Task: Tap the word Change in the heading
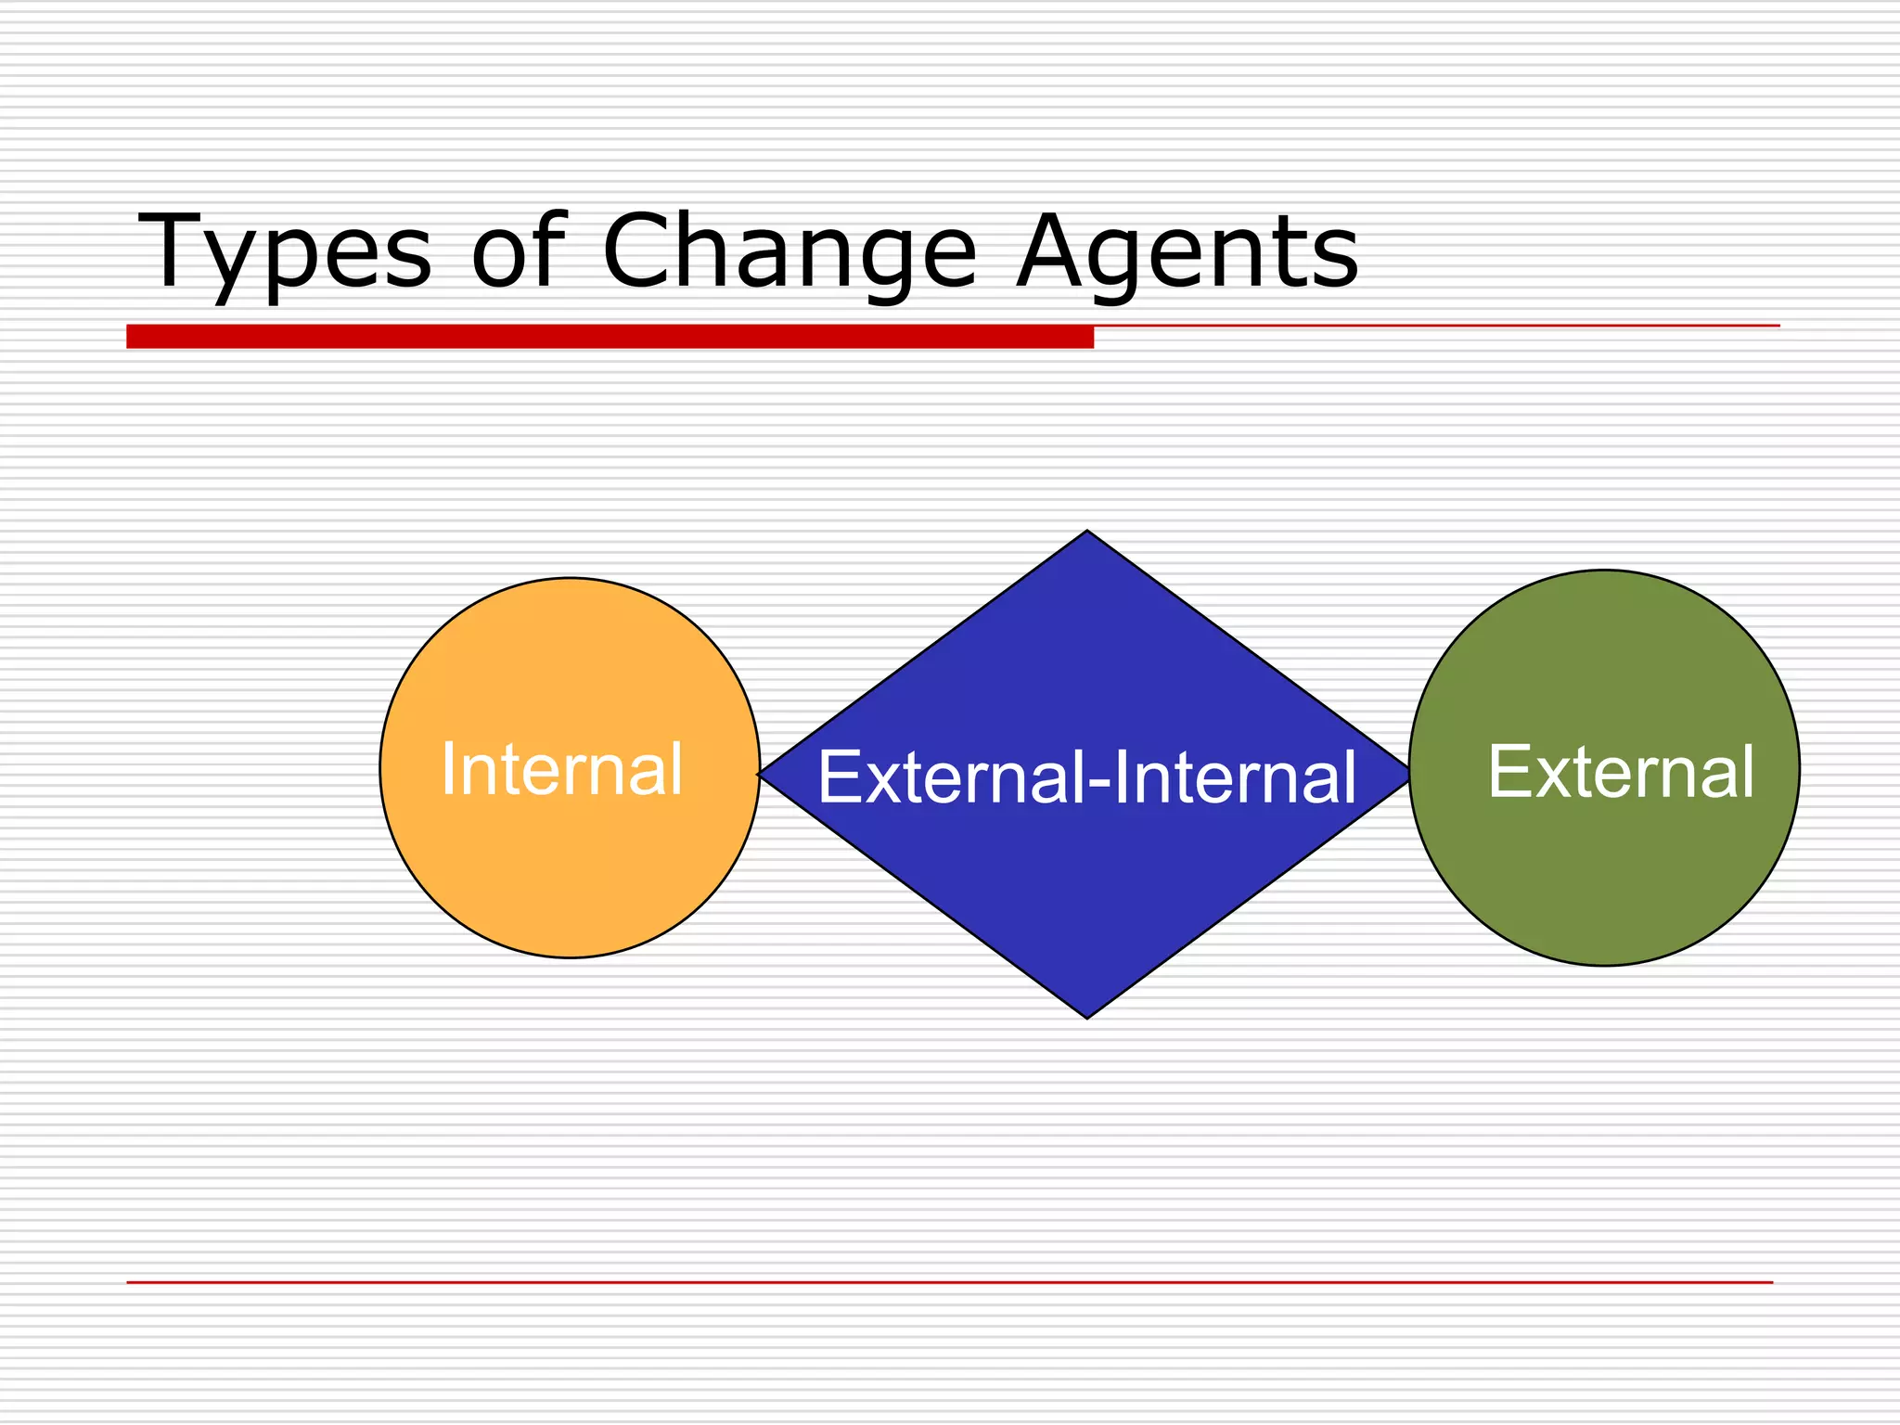pos(790,252)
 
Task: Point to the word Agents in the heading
pos(1187,252)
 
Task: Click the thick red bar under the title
pos(610,337)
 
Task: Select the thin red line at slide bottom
pos(949,1282)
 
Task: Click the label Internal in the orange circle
pos(562,769)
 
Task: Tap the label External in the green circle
pos(1621,772)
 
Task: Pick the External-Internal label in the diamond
pos(1086,777)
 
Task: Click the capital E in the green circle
pos(1509,771)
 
